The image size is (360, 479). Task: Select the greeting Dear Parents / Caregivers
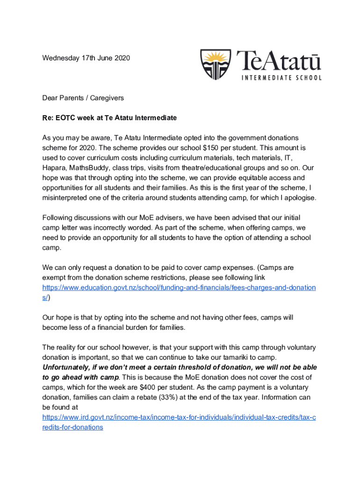pyautogui.click(x=83, y=98)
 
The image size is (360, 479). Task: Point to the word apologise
pyautogui.click(x=300, y=197)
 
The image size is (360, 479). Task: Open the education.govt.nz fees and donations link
pyautogui.click(x=179, y=287)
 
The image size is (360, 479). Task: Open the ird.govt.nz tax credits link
pyautogui.click(x=179, y=417)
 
